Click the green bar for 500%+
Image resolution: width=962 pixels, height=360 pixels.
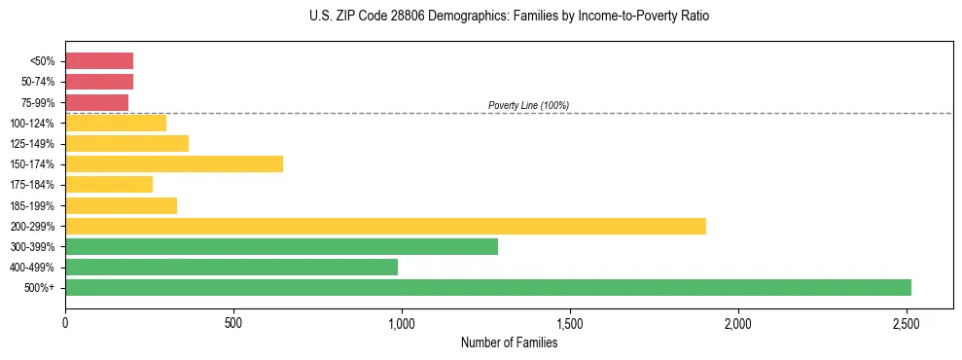(x=487, y=287)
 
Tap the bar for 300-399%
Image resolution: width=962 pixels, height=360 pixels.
(x=281, y=246)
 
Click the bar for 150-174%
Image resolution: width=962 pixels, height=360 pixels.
(x=174, y=163)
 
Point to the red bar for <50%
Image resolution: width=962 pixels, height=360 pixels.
(x=99, y=60)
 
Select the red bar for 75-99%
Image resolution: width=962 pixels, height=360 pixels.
(x=96, y=102)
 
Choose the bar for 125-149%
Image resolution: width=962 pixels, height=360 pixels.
(x=126, y=143)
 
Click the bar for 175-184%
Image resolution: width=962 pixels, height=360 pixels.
(x=109, y=184)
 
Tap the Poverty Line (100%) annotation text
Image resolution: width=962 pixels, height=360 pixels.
(x=528, y=105)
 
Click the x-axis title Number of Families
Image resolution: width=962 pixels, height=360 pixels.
(x=509, y=342)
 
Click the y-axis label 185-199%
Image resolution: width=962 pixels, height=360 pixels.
(x=32, y=205)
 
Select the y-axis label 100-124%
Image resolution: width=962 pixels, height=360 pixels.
(x=32, y=123)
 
